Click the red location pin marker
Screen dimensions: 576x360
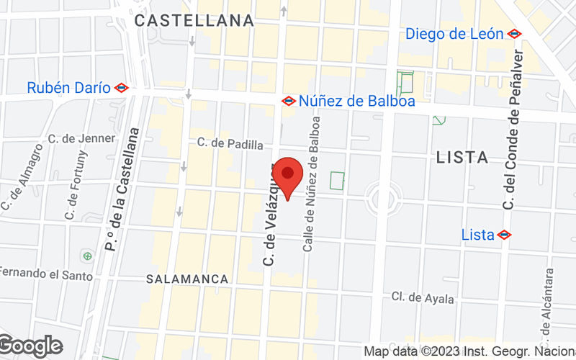pos(289,176)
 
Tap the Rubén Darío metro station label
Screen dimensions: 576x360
pos(68,88)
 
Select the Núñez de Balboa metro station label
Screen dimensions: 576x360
pos(357,101)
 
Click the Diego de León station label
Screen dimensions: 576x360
pos(454,34)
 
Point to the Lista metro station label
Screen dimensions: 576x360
pos(477,235)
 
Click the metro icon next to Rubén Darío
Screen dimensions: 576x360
pos(121,88)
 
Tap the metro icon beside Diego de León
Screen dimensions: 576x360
pos(514,34)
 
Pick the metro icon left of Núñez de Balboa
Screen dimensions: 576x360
pos(289,101)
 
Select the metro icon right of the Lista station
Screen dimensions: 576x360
pos(504,235)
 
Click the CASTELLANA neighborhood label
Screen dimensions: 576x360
pos(194,20)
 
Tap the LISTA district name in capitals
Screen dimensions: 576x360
pos(462,157)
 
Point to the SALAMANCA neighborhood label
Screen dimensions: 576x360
pos(187,279)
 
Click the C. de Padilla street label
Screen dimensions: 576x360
pos(225,143)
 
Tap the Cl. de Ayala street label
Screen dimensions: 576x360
pos(423,298)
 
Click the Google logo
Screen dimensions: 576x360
pos(30,346)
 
